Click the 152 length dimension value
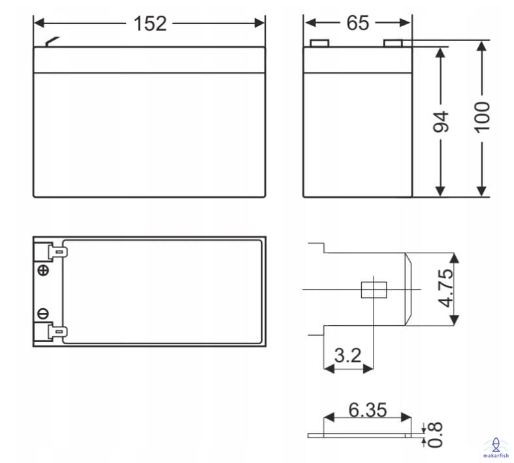pyautogui.click(x=150, y=24)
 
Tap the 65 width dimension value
pyautogui.click(x=358, y=23)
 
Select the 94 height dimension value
pyautogui.click(x=441, y=121)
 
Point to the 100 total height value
pyautogui.click(x=482, y=118)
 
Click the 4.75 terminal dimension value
pyautogui.click(x=446, y=289)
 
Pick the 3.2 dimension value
pyautogui.click(x=348, y=355)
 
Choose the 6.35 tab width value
pyautogui.click(x=368, y=410)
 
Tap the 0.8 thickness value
pyautogui.click(x=435, y=435)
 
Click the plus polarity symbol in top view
pyautogui.click(x=43, y=270)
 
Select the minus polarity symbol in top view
pyautogui.click(x=43, y=313)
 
